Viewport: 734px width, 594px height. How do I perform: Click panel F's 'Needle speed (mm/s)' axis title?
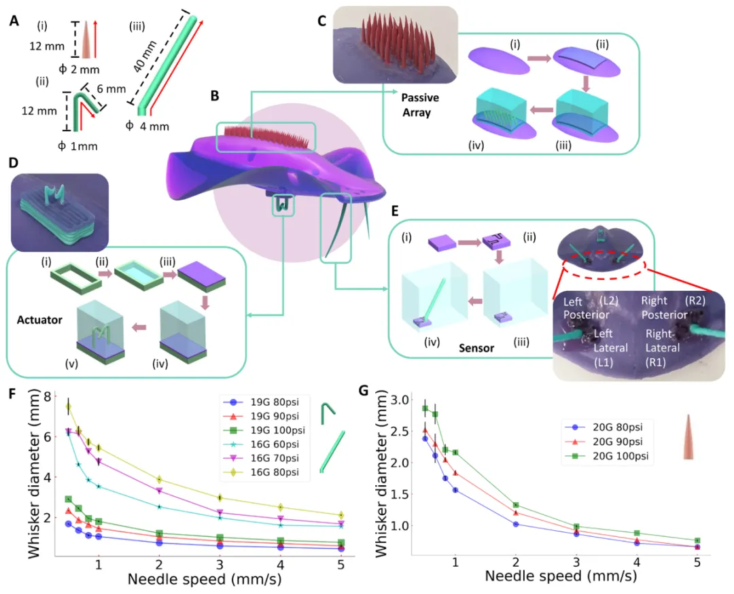(x=203, y=580)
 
